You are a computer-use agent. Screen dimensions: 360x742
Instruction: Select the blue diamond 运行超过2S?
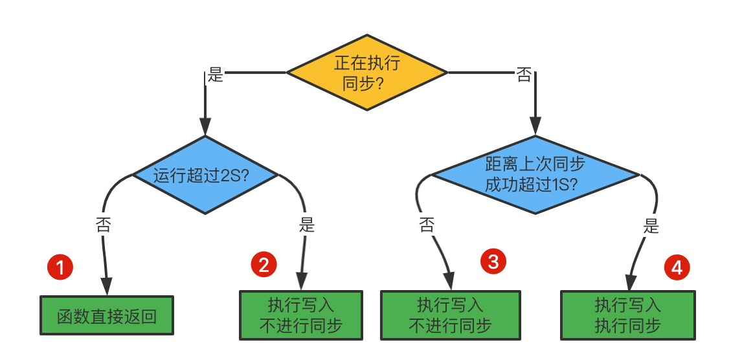pos(205,175)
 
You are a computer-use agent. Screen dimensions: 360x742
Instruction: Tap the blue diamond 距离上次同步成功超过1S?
pos(535,175)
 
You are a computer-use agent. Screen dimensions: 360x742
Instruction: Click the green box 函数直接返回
pos(107,316)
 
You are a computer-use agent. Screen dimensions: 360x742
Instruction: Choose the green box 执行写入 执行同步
pos(627,315)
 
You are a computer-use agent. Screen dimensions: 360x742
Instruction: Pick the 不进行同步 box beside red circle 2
pos(300,315)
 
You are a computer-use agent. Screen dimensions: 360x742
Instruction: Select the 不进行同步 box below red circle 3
pos(449,315)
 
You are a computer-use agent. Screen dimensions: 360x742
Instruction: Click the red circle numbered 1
pos(61,267)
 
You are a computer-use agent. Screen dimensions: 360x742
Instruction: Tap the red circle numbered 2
pos(264,264)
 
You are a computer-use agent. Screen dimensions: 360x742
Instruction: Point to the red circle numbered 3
pos(493,262)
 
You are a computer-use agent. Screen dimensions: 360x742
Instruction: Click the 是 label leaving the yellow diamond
pos(215,75)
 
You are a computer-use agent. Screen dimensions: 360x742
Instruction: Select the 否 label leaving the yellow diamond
pos(523,75)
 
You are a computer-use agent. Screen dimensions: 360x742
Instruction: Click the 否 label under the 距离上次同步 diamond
pos(427,225)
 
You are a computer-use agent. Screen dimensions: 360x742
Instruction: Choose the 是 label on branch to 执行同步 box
pos(651,226)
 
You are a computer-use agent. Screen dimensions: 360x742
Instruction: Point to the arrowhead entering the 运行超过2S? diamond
pos(205,127)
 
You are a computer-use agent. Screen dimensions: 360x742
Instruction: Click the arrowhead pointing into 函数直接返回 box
pos(106,287)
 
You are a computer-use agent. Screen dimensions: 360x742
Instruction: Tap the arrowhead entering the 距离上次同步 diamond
pos(535,127)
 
